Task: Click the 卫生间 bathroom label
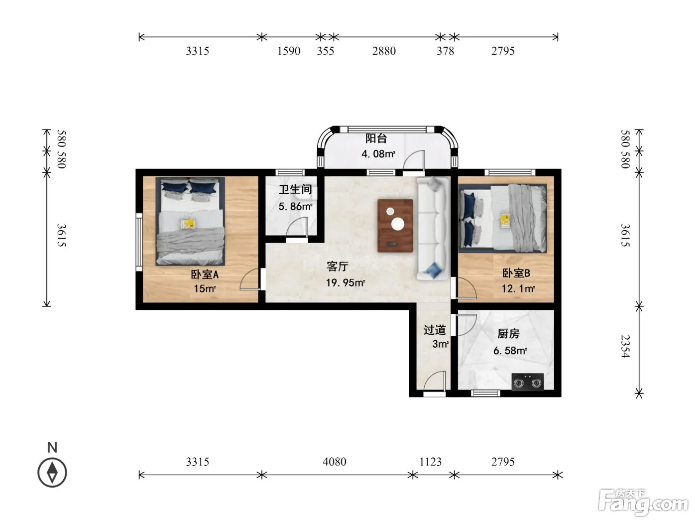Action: click(295, 190)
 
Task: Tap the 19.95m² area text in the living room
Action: click(346, 282)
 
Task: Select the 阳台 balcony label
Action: click(376, 138)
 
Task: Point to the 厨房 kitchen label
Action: click(508, 334)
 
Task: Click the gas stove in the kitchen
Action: click(528, 382)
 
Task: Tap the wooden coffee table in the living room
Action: click(395, 226)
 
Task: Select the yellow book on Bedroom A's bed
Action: click(187, 224)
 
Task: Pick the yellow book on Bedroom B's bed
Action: click(505, 221)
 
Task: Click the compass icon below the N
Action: click(52, 473)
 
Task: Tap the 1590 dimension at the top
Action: click(289, 51)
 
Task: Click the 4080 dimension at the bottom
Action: click(335, 462)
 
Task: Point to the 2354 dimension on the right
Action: click(625, 347)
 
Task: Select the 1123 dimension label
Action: click(431, 462)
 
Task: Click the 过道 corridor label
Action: click(435, 330)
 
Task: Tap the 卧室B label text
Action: click(516, 273)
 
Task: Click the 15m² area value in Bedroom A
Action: click(205, 289)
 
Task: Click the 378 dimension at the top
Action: click(445, 51)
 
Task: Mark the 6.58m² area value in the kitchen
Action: click(510, 351)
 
